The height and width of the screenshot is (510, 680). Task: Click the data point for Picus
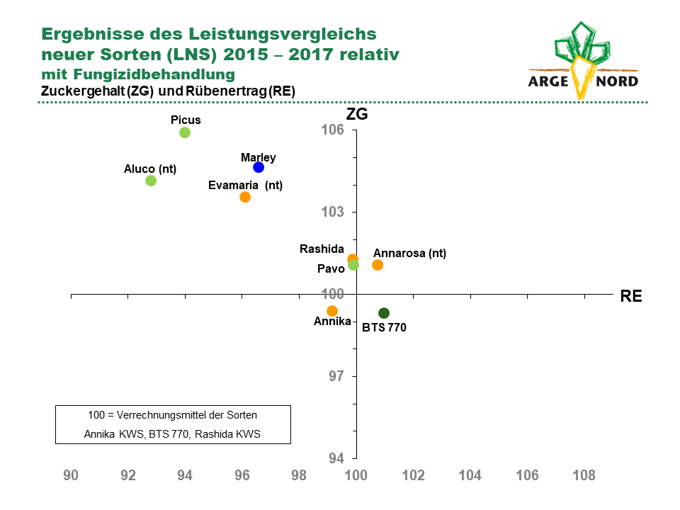coord(185,132)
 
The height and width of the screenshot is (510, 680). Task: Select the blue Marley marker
coord(259,167)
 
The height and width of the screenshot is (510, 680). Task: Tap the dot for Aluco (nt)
coord(150,181)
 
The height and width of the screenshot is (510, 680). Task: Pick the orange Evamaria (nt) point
coord(245,197)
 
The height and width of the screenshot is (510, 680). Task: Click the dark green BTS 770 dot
coord(384,312)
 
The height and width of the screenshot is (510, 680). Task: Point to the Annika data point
coord(332,311)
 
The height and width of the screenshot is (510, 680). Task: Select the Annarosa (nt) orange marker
coord(378,264)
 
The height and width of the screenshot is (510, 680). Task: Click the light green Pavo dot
coord(353,264)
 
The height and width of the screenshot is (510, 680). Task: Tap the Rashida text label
coord(322,249)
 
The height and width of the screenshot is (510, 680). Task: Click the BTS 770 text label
coord(384,327)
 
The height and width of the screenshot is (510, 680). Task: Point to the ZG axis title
coord(357,114)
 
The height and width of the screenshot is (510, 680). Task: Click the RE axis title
coord(631,296)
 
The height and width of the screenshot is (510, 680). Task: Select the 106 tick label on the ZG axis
coord(333,130)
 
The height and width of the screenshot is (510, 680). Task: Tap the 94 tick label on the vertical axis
coord(336,458)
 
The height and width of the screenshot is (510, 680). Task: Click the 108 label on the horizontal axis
coord(584,475)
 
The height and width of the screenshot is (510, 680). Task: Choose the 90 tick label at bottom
coord(71,475)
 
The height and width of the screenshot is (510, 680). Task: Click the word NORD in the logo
coord(617,81)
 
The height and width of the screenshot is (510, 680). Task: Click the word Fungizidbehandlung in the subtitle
coord(154,74)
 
